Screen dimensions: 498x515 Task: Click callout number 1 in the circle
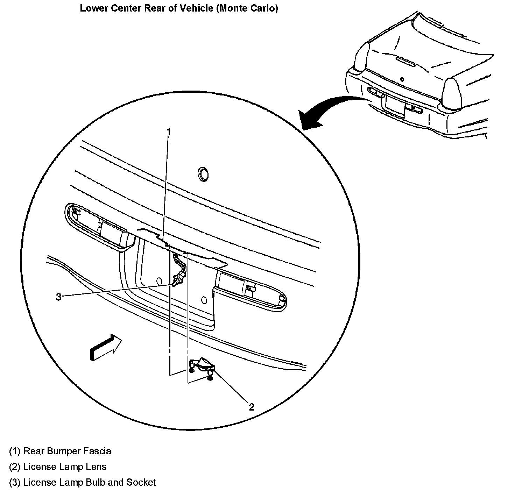coord(168,132)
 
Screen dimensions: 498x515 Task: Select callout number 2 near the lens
coord(251,407)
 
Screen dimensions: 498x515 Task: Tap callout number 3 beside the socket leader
coord(58,297)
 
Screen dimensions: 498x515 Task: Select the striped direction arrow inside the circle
coord(105,348)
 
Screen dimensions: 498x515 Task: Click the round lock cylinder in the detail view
coord(203,173)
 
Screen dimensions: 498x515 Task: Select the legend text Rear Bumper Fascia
coord(67,451)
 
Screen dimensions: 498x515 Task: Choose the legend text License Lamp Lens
coord(64,467)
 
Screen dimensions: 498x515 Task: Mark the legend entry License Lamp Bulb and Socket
coord(89,483)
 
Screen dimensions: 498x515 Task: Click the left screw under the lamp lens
coord(192,370)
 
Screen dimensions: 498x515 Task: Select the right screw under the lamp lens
coord(210,377)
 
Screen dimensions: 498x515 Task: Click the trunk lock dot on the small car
coord(402,79)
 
